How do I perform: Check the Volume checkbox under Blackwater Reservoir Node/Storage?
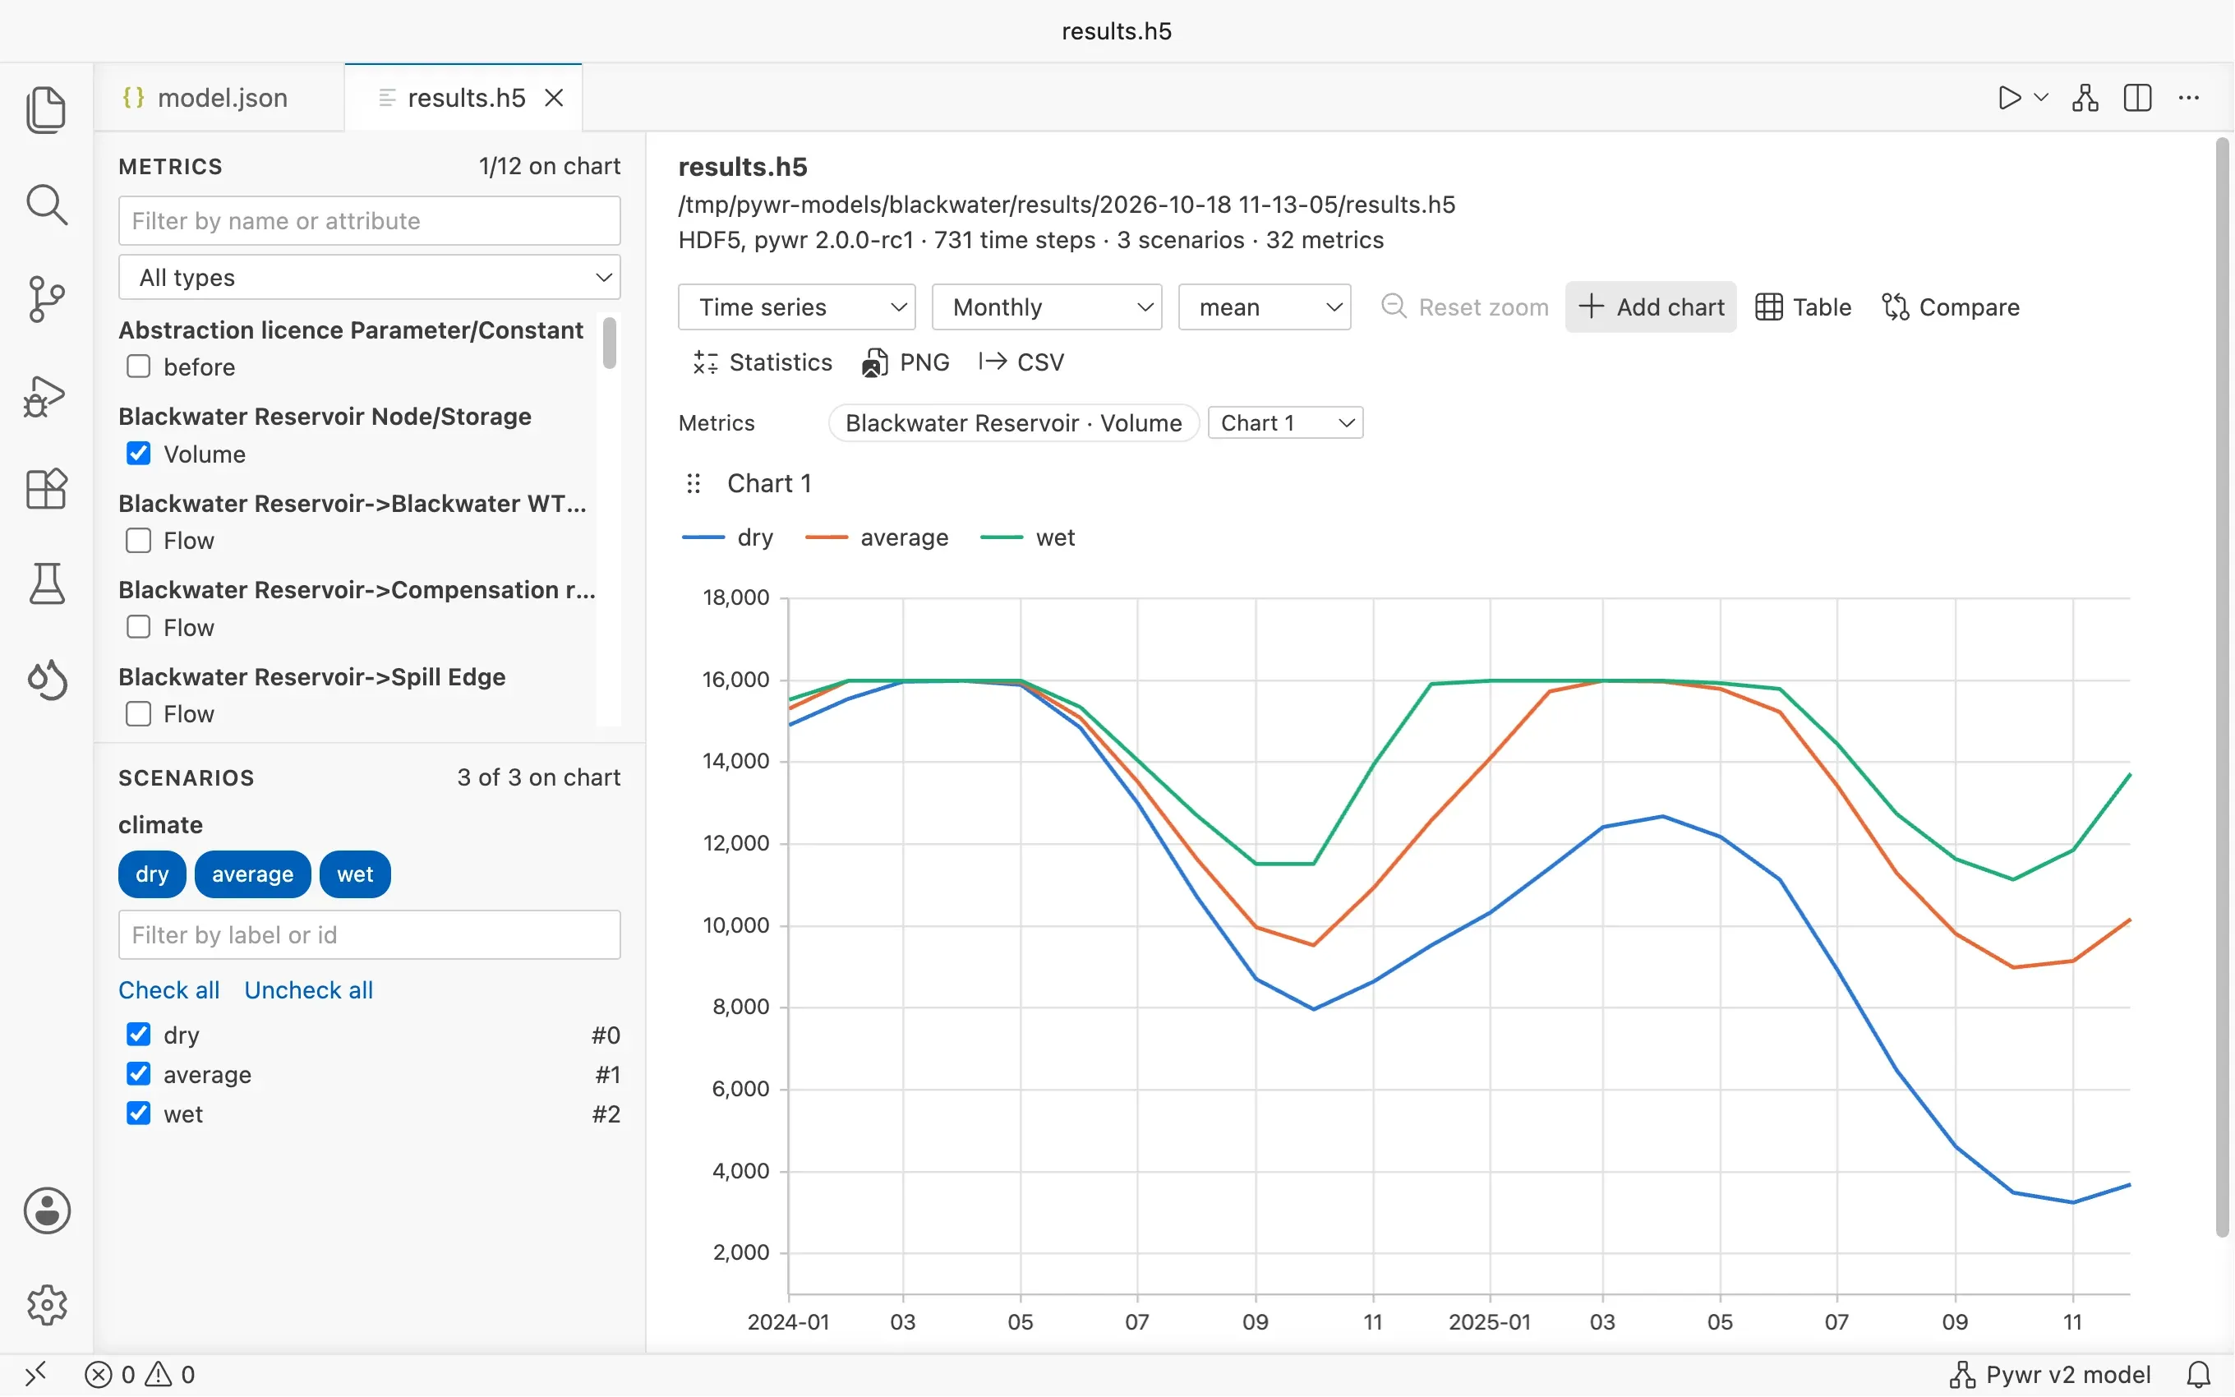click(x=139, y=454)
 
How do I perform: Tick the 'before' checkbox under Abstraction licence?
click(x=139, y=367)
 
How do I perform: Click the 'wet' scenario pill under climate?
click(x=355, y=874)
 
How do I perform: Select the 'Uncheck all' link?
click(x=308, y=989)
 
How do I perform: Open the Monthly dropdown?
click(x=1046, y=307)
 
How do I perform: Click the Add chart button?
click(x=1651, y=307)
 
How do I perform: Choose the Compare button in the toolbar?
click(x=1951, y=307)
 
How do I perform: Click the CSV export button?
click(x=1021, y=362)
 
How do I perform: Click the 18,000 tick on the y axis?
click(x=736, y=597)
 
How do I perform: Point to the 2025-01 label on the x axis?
click(x=1490, y=1322)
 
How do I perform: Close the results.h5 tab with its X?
click(x=554, y=98)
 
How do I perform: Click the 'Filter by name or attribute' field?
click(x=370, y=221)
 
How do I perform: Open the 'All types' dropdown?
click(x=370, y=277)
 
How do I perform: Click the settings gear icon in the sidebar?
click(x=47, y=1305)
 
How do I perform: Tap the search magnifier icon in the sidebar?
click(x=47, y=204)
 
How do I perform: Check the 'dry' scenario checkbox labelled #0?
click(x=139, y=1034)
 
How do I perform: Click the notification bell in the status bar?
click(x=2199, y=1375)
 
